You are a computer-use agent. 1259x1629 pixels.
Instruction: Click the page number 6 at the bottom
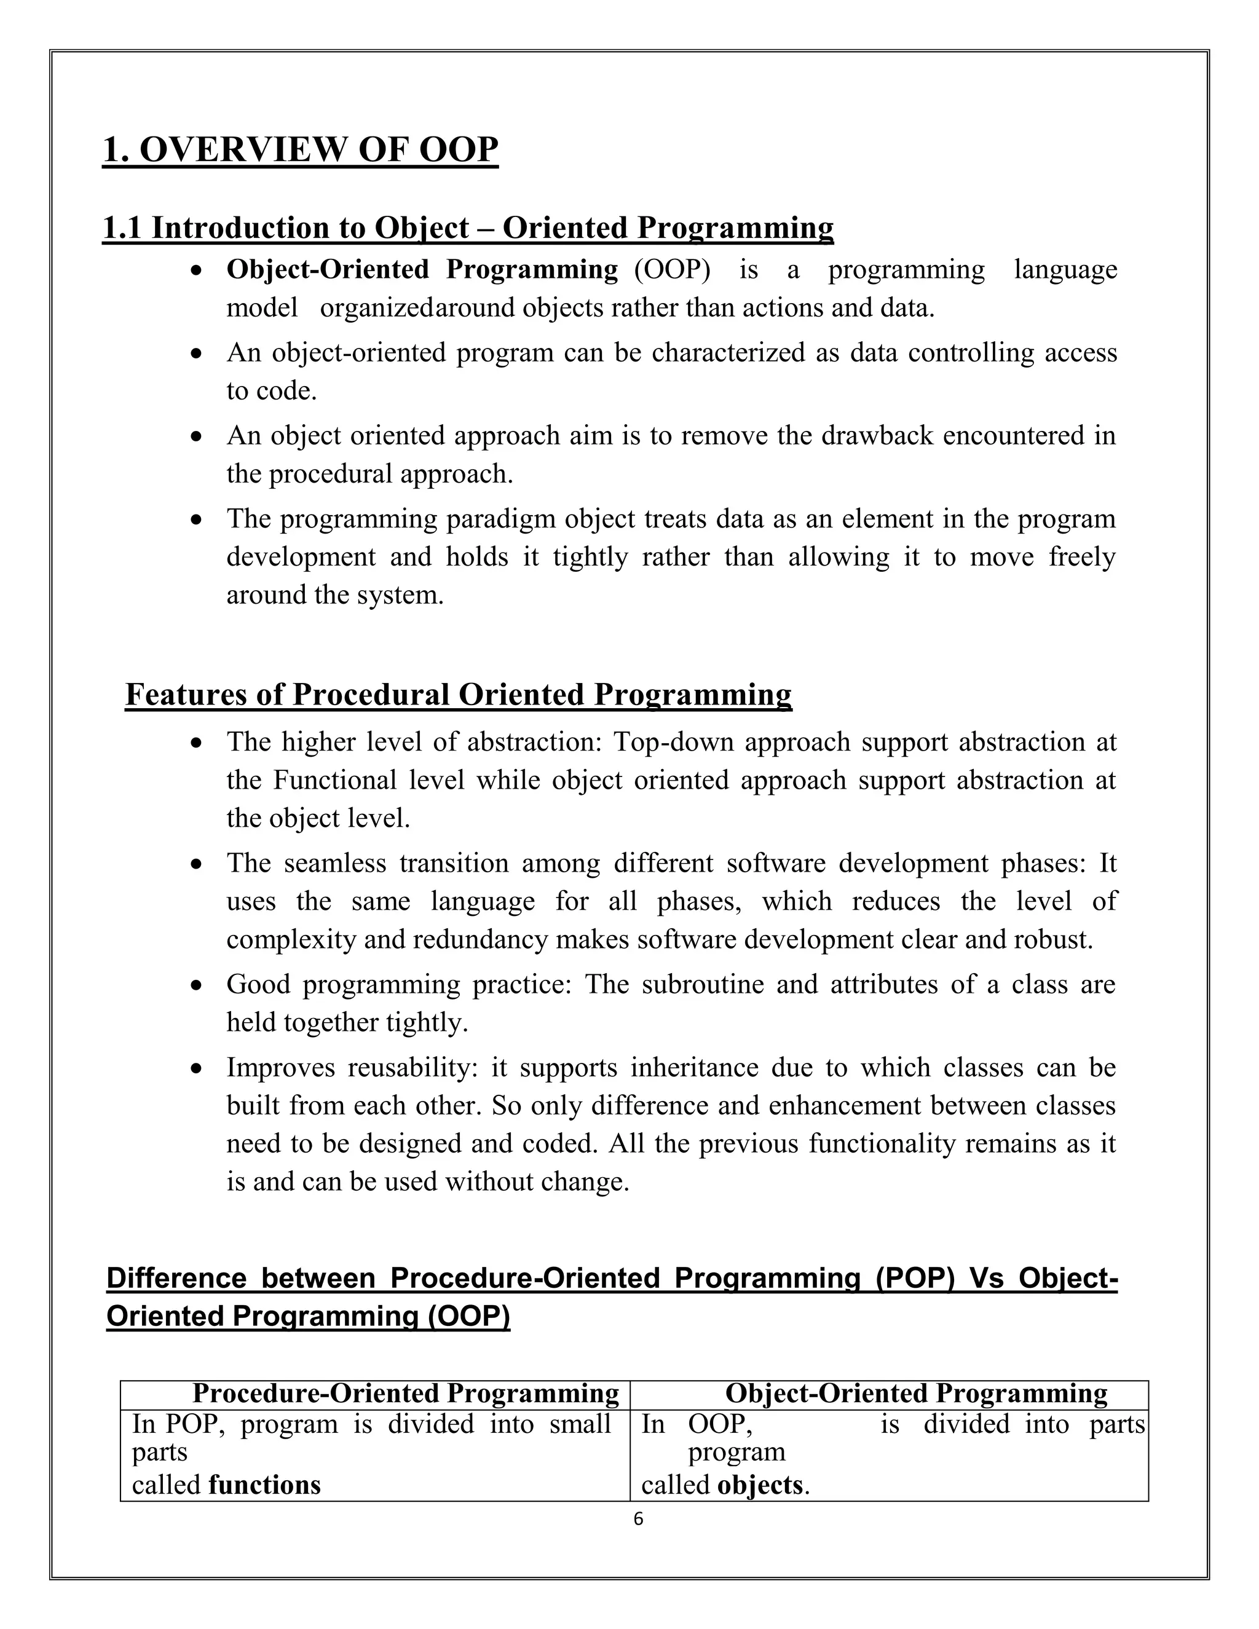[637, 1518]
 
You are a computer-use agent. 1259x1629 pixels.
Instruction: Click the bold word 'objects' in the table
[760, 1485]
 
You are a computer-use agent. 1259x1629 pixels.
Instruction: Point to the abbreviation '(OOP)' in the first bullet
[672, 269]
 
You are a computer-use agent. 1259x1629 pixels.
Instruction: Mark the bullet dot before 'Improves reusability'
[196, 1069]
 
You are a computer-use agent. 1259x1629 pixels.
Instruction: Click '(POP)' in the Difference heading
[915, 1278]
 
